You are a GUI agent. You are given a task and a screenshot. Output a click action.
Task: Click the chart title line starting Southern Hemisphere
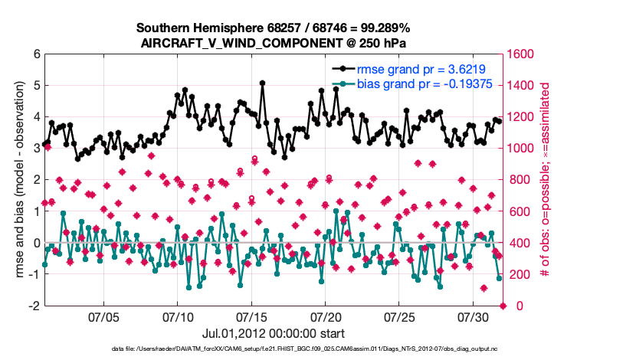pos(273,28)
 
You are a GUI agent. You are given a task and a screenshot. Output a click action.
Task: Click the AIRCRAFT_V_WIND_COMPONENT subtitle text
pos(273,44)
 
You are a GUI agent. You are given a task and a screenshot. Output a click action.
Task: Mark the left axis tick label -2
pos(34,306)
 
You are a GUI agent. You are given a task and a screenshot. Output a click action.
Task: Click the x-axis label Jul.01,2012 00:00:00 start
pos(273,333)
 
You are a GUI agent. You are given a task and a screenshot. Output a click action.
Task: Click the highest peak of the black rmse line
pos(262,83)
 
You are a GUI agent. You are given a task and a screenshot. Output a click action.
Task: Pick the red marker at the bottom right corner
pos(503,306)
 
